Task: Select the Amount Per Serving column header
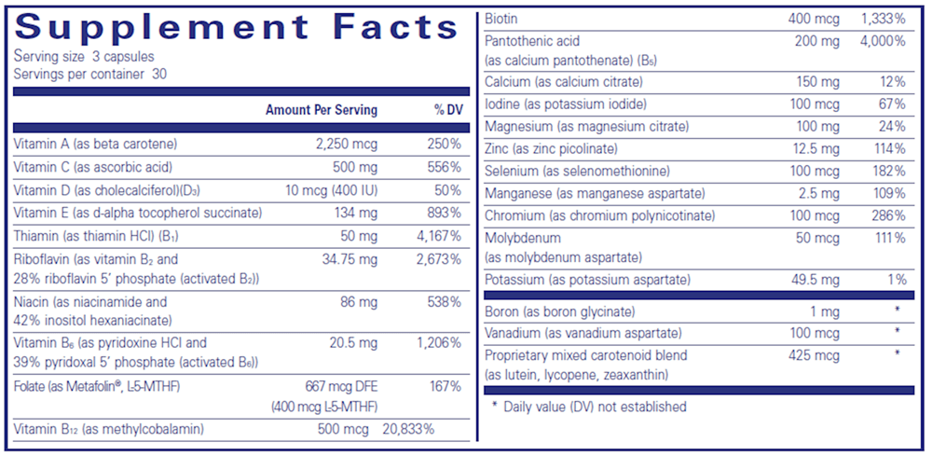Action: (322, 110)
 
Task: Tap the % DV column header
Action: (448, 110)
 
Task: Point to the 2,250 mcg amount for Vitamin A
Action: (347, 144)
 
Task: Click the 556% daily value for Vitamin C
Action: (444, 167)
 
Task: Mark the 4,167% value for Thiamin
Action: (437, 236)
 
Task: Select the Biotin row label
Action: (501, 19)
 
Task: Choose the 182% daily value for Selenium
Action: (887, 171)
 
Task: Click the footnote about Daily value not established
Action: (589, 407)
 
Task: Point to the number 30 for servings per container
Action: (158, 74)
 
